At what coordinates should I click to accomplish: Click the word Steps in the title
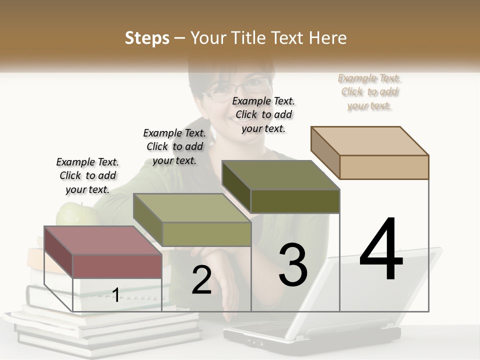coord(146,38)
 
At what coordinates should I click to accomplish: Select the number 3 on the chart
coord(293,265)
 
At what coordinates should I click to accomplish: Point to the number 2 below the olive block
coord(202,280)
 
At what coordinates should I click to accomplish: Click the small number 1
coord(115,295)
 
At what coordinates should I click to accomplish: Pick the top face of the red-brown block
coord(103,240)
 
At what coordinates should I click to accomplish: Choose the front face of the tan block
coord(384,167)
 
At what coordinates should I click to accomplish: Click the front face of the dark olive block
coord(295,201)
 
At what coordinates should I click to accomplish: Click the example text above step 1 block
coord(87,175)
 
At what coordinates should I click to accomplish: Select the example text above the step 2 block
coord(174,146)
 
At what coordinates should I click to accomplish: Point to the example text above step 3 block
coord(263,114)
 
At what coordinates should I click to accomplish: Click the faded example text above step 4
coord(369,91)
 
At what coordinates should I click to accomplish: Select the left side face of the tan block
coord(325,153)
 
